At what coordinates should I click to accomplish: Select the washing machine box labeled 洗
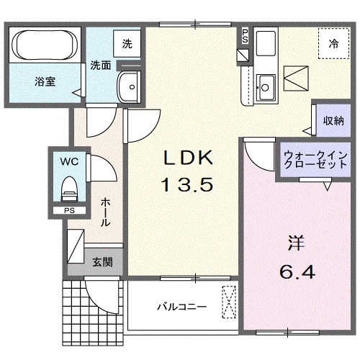tap(127, 43)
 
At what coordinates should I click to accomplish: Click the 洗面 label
tap(100, 66)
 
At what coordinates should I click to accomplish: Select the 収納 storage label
tap(332, 120)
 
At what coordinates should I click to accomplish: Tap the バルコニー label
tap(182, 306)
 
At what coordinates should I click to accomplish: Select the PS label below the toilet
tap(69, 210)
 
